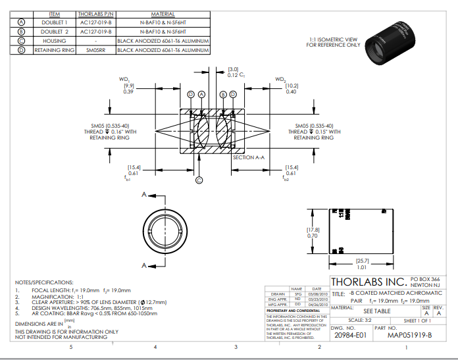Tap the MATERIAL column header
click(x=163, y=13)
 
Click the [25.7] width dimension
click(x=361, y=261)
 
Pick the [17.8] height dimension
click(x=313, y=229)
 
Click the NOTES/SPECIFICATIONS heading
click(x=45, y=282)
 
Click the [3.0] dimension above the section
click(x=233, y=69)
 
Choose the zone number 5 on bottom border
click(x=72, y=347)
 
